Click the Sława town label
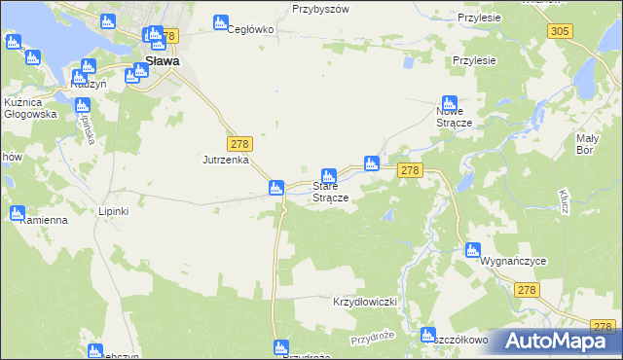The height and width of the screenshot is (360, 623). tap(161, 60)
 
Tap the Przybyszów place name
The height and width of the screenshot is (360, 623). tap(320, 8)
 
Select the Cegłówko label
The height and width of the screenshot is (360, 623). tap(250, 29)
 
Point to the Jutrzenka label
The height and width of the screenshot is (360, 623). tap(226, 160)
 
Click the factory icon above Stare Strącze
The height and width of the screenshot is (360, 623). tap(329, 176)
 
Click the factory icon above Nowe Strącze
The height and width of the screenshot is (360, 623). tap(449, 102)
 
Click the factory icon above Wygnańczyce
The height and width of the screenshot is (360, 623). tap(472, 249)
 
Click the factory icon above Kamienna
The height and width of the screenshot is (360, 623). tap(18, 213)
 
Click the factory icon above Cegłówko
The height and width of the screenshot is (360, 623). tap(220, 21)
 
